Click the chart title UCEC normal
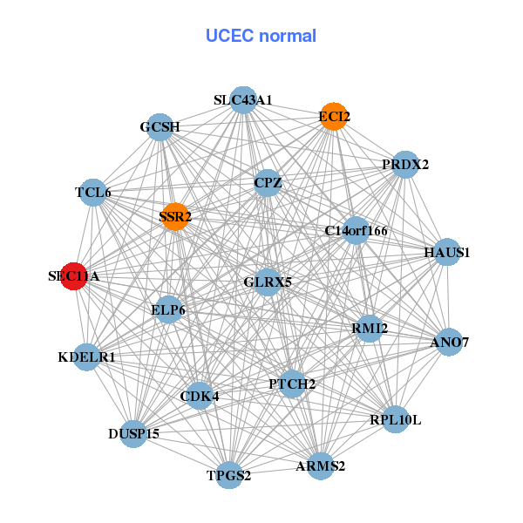coord(261,36)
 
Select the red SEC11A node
coord(74,276)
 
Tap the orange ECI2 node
coord(334,116)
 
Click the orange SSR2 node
coord(175,216)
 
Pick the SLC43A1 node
coord(243,100)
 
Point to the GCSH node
coord(160,127)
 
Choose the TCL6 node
coord(93,193)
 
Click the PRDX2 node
coord(405,164)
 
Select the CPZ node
coord(268,183)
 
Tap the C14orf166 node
coord(356,231)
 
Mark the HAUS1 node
coord(447,253)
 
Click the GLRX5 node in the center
coord(268,282)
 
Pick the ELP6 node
coord(168,309)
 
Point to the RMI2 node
coord(370,328)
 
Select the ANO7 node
coord(449,343)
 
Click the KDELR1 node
coord(86,357)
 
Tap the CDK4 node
coord(200,397)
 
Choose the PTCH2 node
coord(292,384)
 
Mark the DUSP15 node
coord(133,433)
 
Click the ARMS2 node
coord(320,466)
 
